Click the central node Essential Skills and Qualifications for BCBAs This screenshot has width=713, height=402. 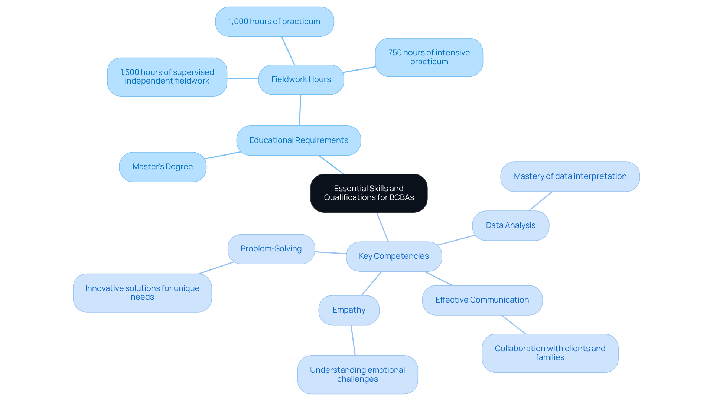pos(369,193)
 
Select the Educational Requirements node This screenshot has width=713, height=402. pos(299,140)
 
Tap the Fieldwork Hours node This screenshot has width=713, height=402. pos(301,79)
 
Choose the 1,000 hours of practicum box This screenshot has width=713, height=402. pos(274,22)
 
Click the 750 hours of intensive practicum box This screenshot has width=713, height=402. pos(429,57)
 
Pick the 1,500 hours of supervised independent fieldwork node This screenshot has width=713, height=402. pos(167,77)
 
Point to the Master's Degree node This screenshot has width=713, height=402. pos(163,167)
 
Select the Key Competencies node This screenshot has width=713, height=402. pos(394,256)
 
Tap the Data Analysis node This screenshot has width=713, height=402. pos(511,225)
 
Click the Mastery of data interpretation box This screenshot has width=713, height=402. pos(570,176)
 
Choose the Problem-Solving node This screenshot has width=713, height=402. pos(271,249)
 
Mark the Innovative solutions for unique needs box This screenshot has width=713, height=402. pos(142,293)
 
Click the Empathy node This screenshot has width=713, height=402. pos(349,310)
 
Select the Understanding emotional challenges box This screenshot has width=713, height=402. pos(357,375)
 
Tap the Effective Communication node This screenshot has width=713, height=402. pos(482,300)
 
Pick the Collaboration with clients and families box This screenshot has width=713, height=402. pos(550,353)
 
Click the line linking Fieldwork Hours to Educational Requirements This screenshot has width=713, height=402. pos(300,110)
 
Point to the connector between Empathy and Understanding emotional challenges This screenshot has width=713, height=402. pos(353,340)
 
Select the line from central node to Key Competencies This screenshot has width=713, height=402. pos(382,227)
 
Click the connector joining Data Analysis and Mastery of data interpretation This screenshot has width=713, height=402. pos(540,201)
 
